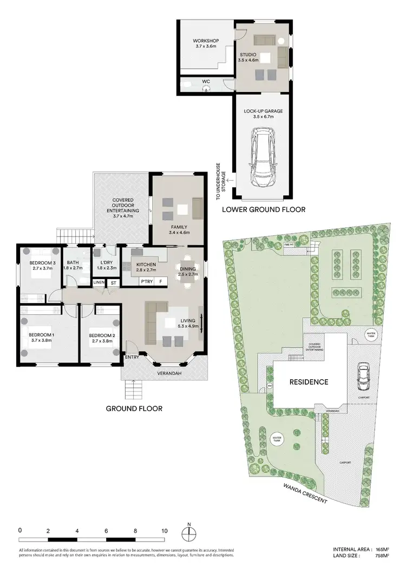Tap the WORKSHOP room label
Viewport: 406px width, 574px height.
(205, 41)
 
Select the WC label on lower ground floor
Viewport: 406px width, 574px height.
(206, 82)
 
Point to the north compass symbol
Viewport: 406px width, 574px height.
(188, 532)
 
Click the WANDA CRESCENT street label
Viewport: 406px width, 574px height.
(306, 492)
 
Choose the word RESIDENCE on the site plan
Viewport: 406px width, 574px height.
(309, 381)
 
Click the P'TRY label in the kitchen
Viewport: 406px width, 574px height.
(146, 282)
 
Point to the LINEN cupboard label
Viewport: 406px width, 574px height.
(99, 282)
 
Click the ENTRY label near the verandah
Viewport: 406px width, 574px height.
(132, 358)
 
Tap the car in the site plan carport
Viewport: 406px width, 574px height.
(362, 373)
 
